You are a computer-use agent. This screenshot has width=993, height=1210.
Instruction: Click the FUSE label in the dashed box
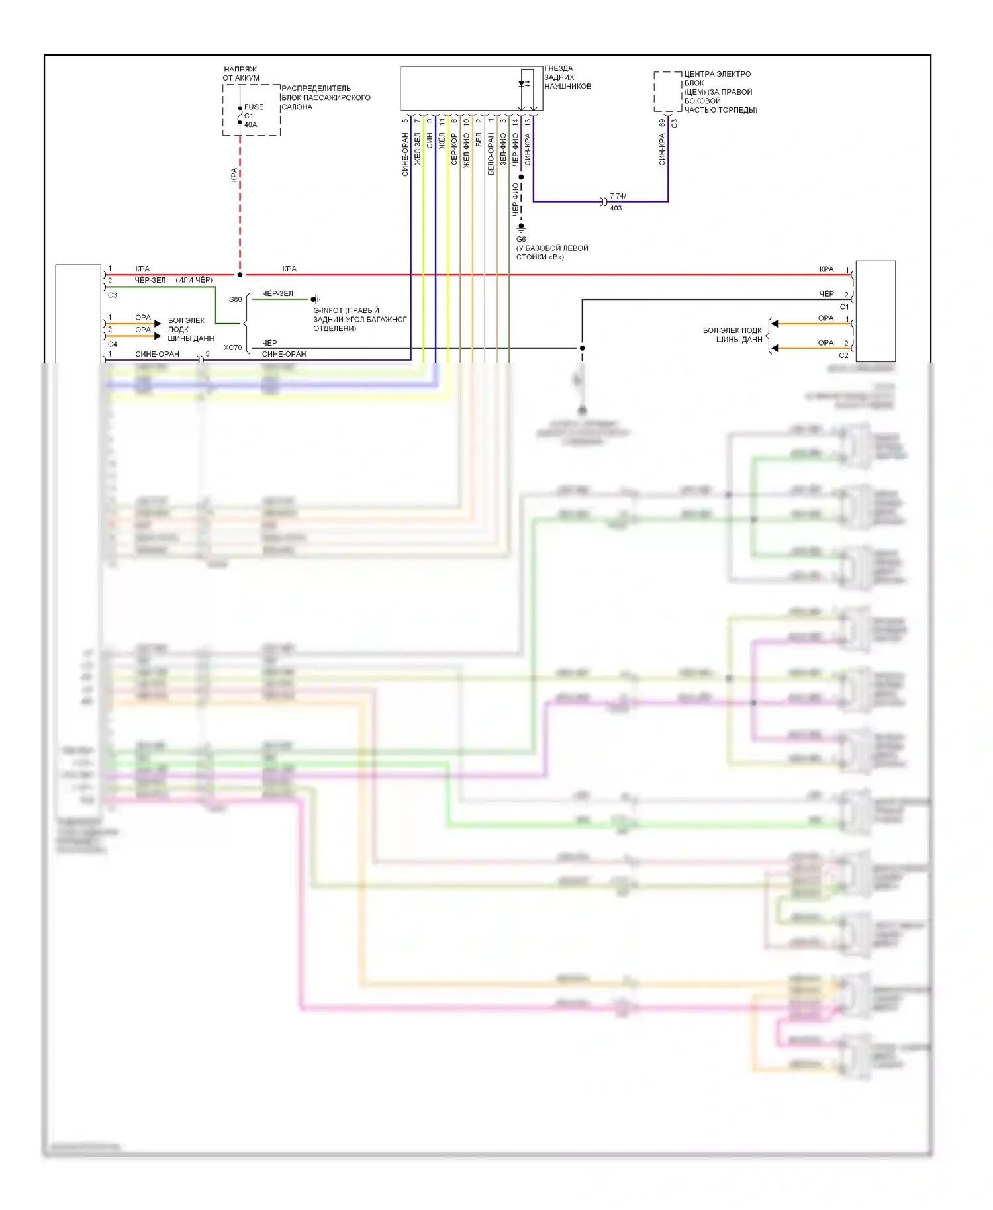(x=254, y=107)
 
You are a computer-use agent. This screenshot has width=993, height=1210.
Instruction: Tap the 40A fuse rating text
(x=250, y=124)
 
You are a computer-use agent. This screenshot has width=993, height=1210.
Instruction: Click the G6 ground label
(x=521, y=239)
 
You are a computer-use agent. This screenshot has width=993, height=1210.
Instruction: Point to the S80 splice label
(x=235, y=299)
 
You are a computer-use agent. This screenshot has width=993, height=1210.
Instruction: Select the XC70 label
(x=232, y=348)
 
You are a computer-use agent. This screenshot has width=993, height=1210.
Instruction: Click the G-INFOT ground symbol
(x=316, y=299)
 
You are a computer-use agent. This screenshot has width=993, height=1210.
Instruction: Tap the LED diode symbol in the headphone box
(x=523, y=84)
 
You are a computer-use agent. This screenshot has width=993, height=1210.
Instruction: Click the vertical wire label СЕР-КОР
(x=454, y=149)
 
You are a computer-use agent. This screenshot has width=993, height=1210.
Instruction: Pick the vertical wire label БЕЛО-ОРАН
(x=491, y=154)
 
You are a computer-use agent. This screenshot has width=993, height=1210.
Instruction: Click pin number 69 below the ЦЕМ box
(x=662, y=123)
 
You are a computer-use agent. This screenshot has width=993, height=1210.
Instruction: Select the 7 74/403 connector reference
(x=617, y=202)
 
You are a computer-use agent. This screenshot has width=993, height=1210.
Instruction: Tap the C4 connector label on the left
(x=113, y=344)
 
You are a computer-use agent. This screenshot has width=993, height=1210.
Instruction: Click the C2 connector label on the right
(x=843, y=355)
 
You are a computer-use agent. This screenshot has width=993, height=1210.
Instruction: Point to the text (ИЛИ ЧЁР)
(x=194, y=280)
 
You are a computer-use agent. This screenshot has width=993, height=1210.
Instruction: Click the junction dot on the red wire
(x=240, y=275)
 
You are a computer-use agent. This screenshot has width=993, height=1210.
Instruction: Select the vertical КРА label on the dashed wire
(x=234, y=175)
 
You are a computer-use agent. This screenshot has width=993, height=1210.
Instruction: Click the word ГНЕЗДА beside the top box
(x=559, y=68)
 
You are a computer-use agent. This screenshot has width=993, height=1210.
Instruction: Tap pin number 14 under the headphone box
(x=515, y=122)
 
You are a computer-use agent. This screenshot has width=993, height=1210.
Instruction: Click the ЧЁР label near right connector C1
(x=826, y=294)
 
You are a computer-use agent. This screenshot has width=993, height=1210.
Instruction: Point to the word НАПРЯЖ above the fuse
(x=240, y=69)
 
